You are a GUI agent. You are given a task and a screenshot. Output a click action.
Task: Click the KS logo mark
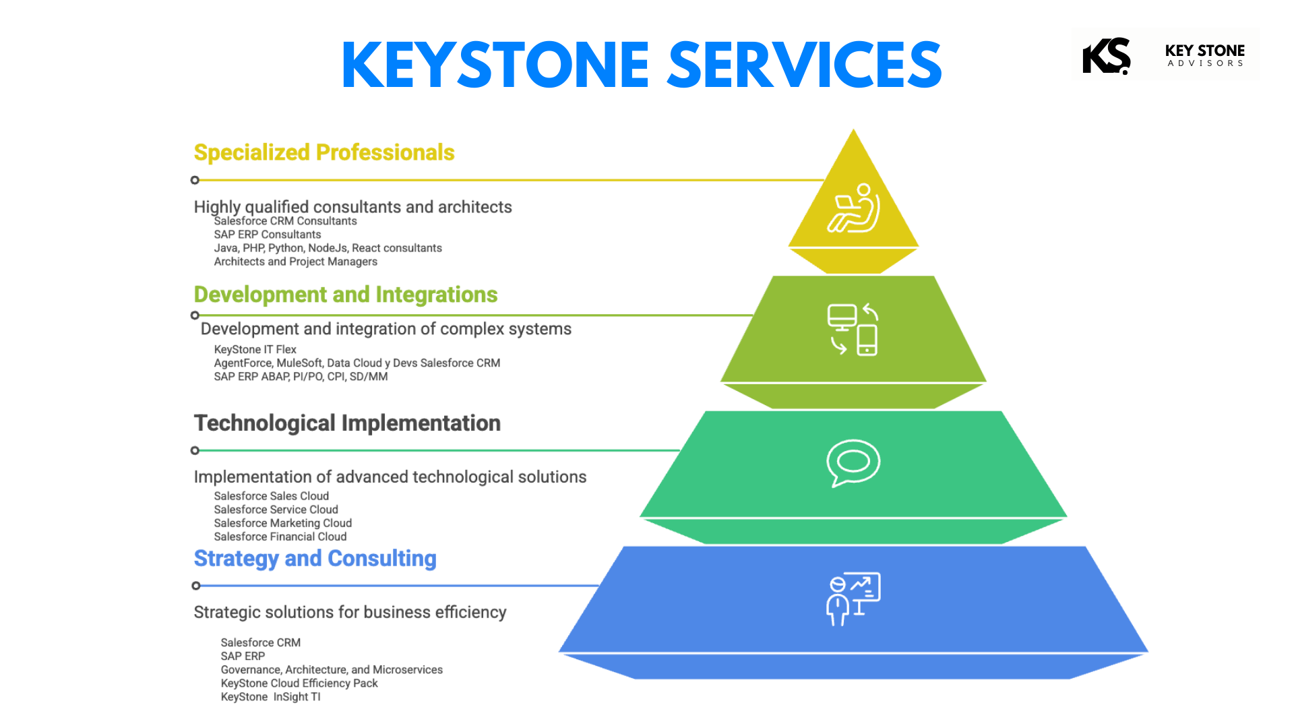point(1107,55)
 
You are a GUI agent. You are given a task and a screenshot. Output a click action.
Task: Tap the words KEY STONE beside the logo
point(1205,51)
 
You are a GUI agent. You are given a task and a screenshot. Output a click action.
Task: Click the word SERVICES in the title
point(805,65)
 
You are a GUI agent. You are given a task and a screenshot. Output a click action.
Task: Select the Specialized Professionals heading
point(324,152)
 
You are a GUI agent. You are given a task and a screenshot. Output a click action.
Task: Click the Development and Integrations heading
point(346,295)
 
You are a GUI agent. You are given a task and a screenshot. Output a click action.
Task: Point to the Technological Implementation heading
point(347,423)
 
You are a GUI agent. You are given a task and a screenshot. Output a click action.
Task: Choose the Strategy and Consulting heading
point(315,559)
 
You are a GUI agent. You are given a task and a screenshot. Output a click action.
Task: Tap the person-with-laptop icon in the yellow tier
point(854,208)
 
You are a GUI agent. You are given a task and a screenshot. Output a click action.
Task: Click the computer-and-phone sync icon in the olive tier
point(853,329)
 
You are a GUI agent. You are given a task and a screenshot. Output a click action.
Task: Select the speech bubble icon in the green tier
point(853,463)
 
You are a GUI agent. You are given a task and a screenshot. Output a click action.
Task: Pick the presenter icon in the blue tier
point(853,599)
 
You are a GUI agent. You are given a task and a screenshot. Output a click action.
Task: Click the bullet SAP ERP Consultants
point(268,235)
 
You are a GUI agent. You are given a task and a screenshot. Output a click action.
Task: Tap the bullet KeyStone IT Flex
point(255,349)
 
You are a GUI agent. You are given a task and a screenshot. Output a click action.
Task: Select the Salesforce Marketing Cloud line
point(283,523)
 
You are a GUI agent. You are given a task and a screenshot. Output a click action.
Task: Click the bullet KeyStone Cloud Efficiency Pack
point(299,684)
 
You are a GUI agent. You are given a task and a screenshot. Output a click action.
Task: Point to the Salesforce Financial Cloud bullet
point(280,537)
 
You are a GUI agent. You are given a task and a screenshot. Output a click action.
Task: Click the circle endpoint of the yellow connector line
point(195,180)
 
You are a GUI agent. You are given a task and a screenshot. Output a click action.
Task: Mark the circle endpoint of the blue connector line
point(195,586)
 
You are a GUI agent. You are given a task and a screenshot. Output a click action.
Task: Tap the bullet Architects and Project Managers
point(296,262)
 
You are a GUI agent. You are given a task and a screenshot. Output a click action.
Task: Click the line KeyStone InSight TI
point(271,697)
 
